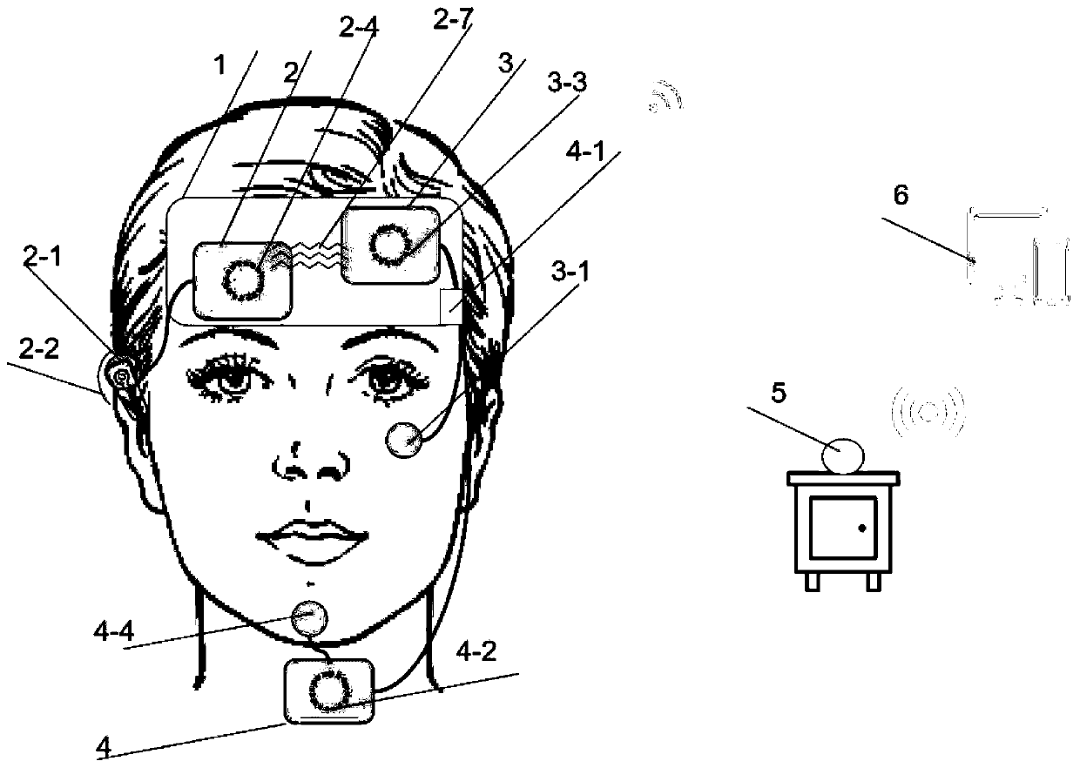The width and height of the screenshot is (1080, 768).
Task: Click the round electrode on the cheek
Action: [405, 439]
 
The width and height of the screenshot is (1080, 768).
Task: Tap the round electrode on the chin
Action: [311, 618]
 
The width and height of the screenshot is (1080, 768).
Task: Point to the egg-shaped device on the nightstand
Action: [842, 455]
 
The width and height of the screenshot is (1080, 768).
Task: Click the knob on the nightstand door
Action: [861, 529]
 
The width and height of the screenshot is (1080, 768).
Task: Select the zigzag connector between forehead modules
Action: [321, 254]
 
